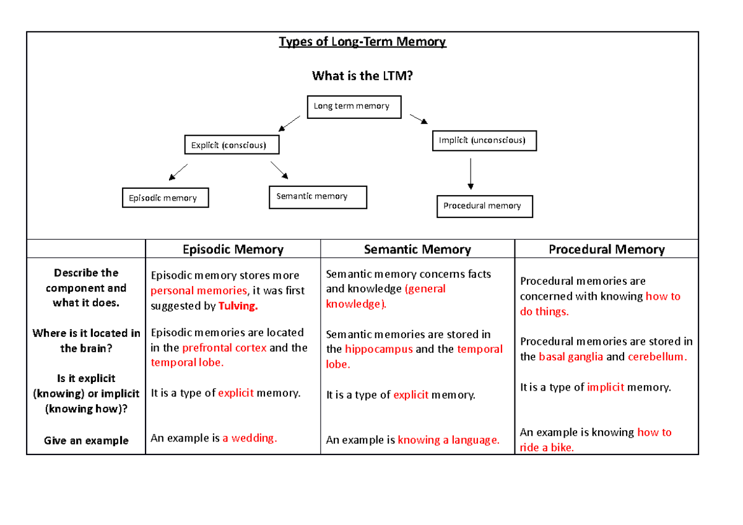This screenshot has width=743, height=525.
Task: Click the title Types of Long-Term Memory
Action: [362, 42]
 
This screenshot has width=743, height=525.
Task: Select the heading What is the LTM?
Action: [362, 76]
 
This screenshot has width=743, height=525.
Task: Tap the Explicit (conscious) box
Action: [232, 145]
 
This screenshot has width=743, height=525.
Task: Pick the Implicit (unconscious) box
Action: [484, 141]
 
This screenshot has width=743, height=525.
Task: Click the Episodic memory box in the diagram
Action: [165, 198]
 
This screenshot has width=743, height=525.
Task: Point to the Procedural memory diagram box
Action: [484, 206]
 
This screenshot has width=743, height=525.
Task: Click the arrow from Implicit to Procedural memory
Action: [471, 174]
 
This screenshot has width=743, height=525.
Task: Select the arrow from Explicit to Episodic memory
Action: [178, 171]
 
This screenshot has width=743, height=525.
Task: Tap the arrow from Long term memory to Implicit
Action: [419, 119]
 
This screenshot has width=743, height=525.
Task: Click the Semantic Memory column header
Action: [417, 249]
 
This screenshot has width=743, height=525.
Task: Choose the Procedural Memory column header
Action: [606, 249]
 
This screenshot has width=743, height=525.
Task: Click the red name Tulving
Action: [238, 306]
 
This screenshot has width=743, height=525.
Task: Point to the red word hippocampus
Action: [378, 349]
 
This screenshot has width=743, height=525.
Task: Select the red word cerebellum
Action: [657, 357]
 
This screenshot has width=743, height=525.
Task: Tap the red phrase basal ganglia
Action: [571, 357]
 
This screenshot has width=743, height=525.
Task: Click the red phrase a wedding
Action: [250, 438]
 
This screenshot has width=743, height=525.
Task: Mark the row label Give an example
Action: [86, 441]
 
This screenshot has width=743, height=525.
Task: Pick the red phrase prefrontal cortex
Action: [224, 348]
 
